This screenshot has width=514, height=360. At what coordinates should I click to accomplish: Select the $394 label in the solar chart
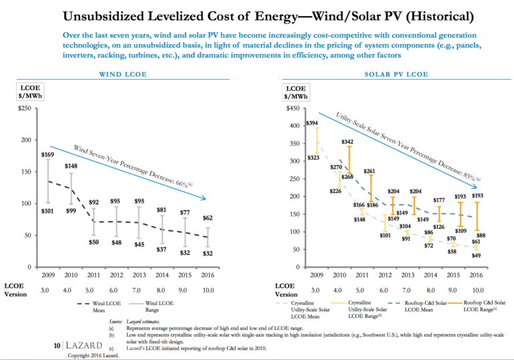click(x=312, y=123)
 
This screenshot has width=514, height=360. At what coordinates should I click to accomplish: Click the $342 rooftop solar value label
click(x=347, y=142)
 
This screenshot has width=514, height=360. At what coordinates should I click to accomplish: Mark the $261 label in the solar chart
click(x=369, y=171)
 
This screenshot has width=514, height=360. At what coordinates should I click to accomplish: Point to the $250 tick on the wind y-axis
click(x=24, y=108)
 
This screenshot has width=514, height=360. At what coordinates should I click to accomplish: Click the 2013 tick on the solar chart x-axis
click(x=406, y=274)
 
